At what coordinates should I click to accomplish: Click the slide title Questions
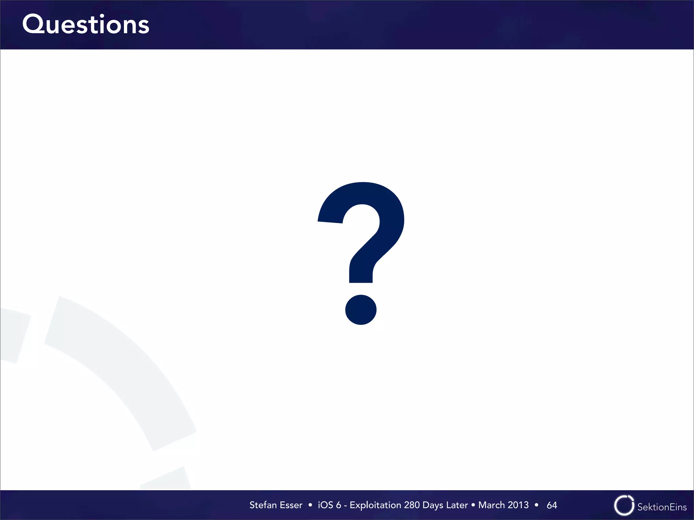point(86,25)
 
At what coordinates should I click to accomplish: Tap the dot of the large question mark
point(361,309)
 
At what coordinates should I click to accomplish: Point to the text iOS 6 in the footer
point(329,505)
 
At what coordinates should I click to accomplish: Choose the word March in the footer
point(491,505)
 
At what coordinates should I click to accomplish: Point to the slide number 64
point(552,505)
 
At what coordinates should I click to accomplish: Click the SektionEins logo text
point(662,507)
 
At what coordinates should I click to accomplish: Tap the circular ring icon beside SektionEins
point(624,505)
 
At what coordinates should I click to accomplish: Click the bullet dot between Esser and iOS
point(310,505)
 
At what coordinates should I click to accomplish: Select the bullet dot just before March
point(473,505)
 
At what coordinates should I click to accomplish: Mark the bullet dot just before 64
point(536,505)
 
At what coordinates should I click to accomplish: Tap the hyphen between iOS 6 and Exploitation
point(345,506)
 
